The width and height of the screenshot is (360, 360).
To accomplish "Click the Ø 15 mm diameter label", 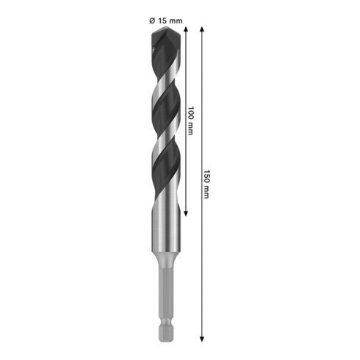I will click(165, 20).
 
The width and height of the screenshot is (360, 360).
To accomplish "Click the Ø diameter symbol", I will click(152, 20).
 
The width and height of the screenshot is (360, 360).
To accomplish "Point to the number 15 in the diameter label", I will click(162, 20).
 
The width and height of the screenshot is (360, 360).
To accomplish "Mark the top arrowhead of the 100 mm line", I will click(187, 30).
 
